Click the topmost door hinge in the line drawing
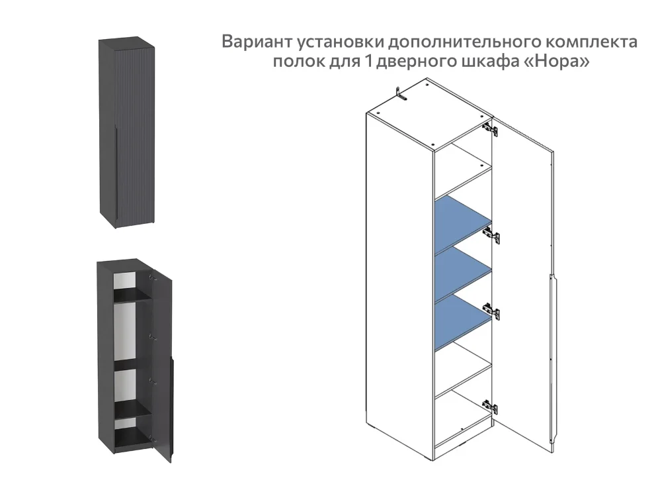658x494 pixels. pyautogui.click(x=489, y=126)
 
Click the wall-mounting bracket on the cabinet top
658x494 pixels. pyautogui.click(x=399, y=93)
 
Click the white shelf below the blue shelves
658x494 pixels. pyautogui.click(x=462, y=375)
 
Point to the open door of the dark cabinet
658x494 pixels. pyautogui.click(x=162, y=371)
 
